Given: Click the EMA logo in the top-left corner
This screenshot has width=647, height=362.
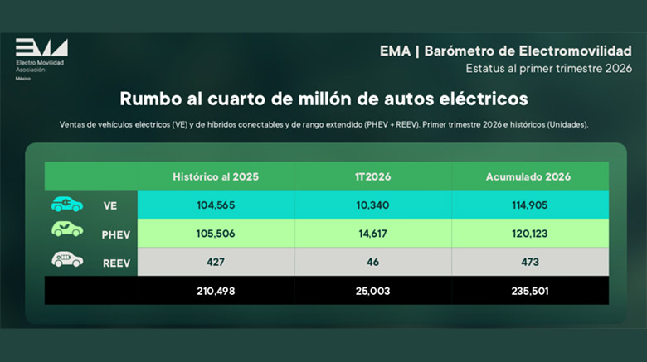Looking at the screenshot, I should click(x=41, y=48).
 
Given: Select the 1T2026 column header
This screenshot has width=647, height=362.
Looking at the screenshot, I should click(x=372, y=176).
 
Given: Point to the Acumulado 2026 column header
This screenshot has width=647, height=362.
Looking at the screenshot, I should click(x=529, y=176).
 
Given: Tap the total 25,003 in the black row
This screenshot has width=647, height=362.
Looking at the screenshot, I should click(x=372, y=291).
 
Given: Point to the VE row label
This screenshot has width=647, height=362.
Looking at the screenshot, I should click(x=110, y=205).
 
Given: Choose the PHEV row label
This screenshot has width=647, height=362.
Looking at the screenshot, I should click(x=116, y=234).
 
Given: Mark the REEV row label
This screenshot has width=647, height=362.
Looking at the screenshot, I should click(x=116, y=263).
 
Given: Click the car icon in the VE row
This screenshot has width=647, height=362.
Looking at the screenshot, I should click(x=67, y=205).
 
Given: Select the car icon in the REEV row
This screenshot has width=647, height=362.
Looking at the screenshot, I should click(x=67, y=260).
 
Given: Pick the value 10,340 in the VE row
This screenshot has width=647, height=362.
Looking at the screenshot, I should click(x=372, y=205).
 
